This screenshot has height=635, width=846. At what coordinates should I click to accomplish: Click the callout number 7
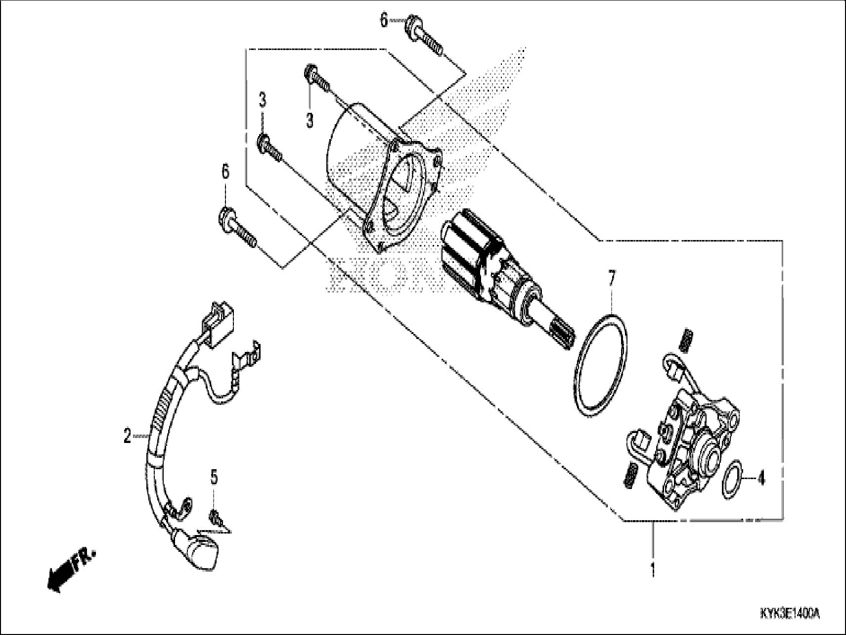tap(612, 280)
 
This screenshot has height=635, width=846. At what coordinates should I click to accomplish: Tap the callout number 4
tap(761, 479)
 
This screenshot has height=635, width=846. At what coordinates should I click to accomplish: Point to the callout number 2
tap(128, 436)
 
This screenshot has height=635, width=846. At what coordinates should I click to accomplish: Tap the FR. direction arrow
tap(70, 569)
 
